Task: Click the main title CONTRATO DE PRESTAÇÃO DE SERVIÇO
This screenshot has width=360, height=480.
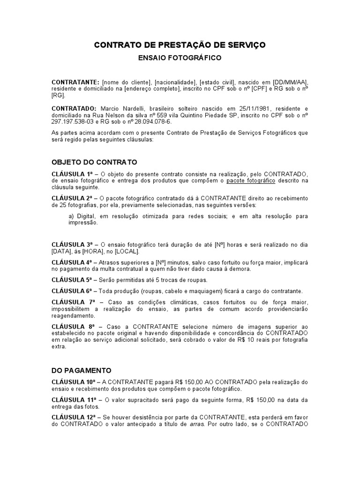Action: (x=180, y=45)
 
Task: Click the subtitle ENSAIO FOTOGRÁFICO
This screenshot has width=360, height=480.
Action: (x=180, y=58)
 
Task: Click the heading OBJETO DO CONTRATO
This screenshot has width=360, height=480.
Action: (x=94, y=162)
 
